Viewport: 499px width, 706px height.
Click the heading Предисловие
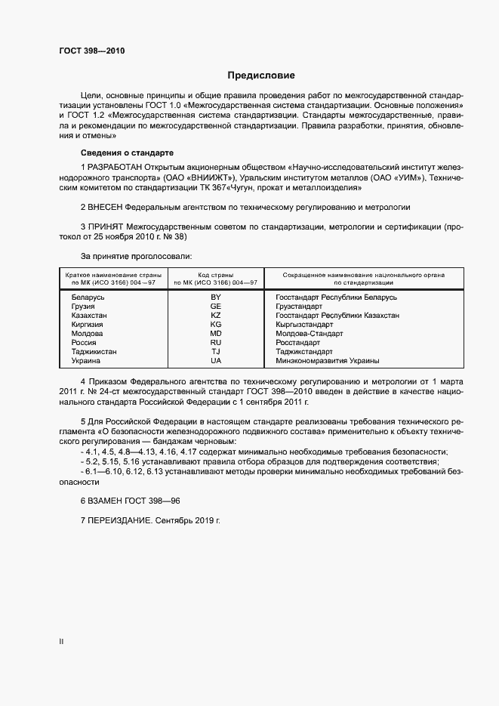tap(261, 76)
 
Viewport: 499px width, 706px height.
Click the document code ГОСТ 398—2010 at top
tap(91, 51)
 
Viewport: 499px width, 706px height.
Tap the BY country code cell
tap(216, 298)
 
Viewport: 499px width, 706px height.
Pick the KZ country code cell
tap(216, 315)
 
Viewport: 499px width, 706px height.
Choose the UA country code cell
tap(216, 360)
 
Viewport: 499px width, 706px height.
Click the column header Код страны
tap(216, 274)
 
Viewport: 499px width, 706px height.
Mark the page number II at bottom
tap(61, 642)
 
